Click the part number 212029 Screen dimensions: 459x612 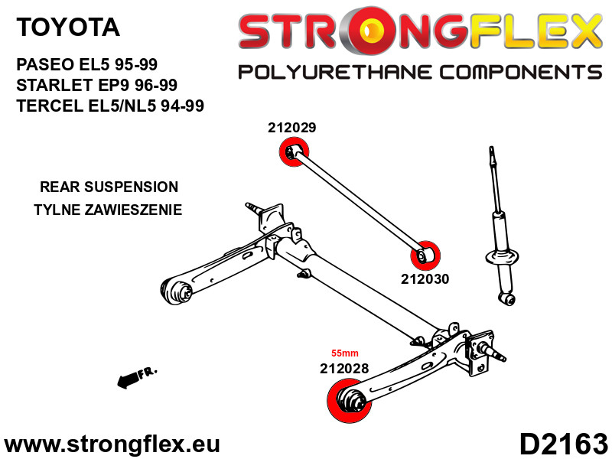(291, 128)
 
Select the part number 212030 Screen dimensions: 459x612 (425, 279)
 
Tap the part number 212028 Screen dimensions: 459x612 (344, 368)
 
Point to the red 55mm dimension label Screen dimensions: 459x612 (344, 353)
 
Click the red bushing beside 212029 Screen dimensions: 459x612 (291, 152)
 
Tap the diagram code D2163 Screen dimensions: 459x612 (564, 444)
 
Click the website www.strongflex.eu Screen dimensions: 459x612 (112, 444)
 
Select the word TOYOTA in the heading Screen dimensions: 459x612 (68, 28)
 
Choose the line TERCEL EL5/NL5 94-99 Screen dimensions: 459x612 (110, 106)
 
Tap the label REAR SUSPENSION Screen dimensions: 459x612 (109, 187)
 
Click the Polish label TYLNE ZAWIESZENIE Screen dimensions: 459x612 (109, 210)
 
